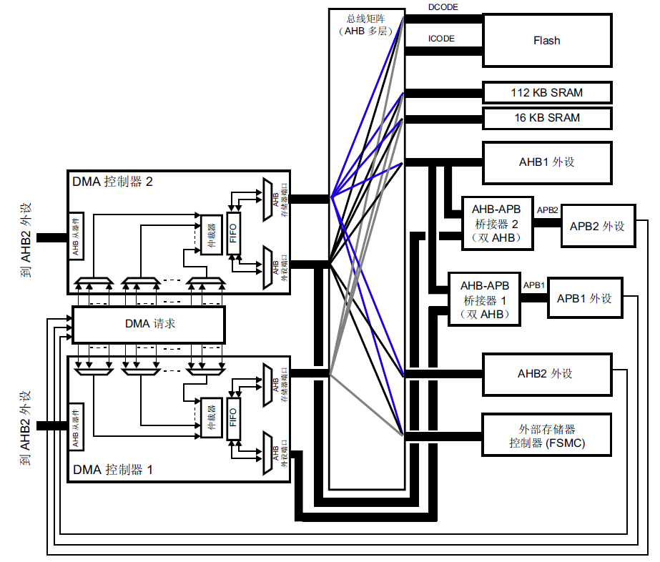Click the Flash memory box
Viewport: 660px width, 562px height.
[x=547, y=41]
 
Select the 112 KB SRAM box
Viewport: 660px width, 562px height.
[x=547, y=93]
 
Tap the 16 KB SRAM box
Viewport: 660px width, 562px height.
[x=547, y=118]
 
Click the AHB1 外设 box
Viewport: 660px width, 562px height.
[x=547, y=162]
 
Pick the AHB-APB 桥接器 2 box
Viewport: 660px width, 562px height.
[x=497, y=224]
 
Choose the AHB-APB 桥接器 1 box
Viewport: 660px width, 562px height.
[x=485, y=300]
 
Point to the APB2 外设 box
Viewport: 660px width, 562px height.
[x=598, y=226]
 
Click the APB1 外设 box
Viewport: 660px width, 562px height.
[x=585, y=298]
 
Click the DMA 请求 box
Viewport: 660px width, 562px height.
[x=149, y=324]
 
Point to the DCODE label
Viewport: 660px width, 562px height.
[x=443, y=7]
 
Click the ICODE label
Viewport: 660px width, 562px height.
[x=441, y=39]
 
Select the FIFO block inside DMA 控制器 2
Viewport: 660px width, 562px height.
[x=233, y=233]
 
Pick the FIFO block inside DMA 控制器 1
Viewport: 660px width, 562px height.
[x=233, y=418]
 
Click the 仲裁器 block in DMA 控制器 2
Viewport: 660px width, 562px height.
[x=212, y=235]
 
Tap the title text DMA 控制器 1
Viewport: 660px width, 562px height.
[x=112, y=469]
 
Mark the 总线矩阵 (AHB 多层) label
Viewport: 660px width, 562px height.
[x=366, y=25]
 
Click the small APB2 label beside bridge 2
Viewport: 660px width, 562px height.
[x=547, y=209]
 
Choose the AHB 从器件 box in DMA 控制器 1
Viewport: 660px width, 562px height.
[x=76, y=426]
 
